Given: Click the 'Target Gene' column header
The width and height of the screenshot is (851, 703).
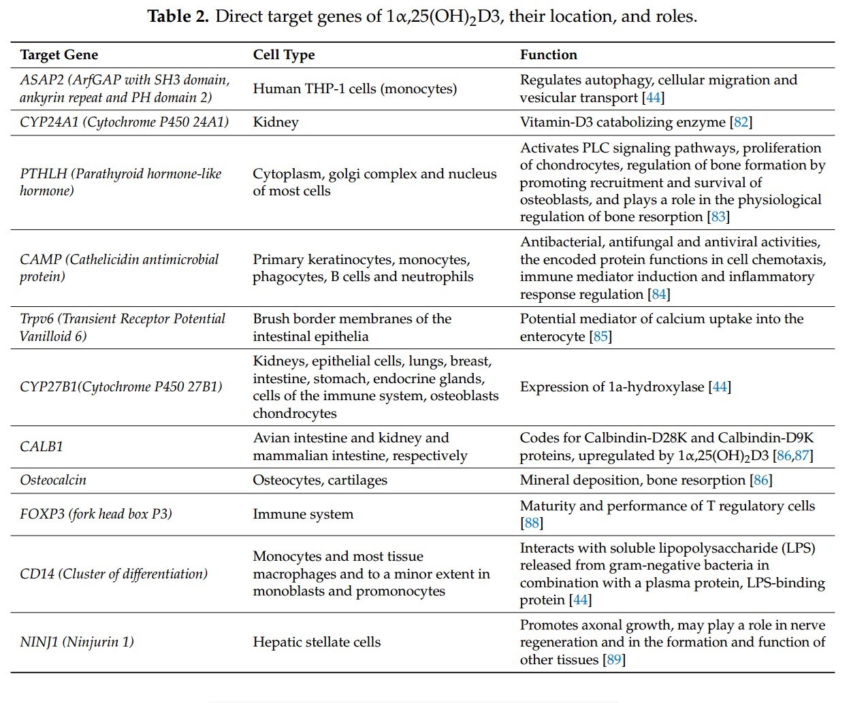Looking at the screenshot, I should (x=59, y=55).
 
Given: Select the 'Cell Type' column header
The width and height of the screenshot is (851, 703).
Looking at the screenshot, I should (x=284, y=55).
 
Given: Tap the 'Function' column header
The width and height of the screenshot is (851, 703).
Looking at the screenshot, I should (x=548, y=55).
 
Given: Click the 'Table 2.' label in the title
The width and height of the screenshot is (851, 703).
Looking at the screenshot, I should (x=178, y=16).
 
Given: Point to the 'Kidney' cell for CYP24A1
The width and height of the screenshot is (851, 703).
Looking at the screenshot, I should (x=276, y=122).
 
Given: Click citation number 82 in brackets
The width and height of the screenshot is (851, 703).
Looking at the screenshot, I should (x=741, y=122).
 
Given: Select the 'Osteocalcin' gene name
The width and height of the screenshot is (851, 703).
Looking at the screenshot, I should (x=53, y=480).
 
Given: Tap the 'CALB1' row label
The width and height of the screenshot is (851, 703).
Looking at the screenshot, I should (x=42, y=447).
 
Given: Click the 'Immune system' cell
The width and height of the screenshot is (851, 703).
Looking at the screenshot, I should (x=303, y=514).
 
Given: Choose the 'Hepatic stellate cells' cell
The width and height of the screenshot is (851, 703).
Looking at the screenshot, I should (x=317, y=642).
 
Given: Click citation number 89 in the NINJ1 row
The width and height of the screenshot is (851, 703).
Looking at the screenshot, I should (x=614, y=660).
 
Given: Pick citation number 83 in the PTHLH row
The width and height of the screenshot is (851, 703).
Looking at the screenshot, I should (x=718, y=217).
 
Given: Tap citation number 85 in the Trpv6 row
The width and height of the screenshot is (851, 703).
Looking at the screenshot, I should (x=600, y=337).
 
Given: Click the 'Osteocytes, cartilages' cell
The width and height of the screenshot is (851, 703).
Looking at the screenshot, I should (x=320, y=480).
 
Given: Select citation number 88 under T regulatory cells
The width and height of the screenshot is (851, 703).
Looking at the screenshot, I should (x=532, y=523).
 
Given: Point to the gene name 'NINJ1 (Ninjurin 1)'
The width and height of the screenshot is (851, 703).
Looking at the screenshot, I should (x=77, y=642).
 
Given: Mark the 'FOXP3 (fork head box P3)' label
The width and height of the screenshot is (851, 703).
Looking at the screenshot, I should (x=96, y=514).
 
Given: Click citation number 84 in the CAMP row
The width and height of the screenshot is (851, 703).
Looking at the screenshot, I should (x=659, y=295).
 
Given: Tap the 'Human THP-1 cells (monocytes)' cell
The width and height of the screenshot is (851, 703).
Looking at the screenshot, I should (x=355, y=89).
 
